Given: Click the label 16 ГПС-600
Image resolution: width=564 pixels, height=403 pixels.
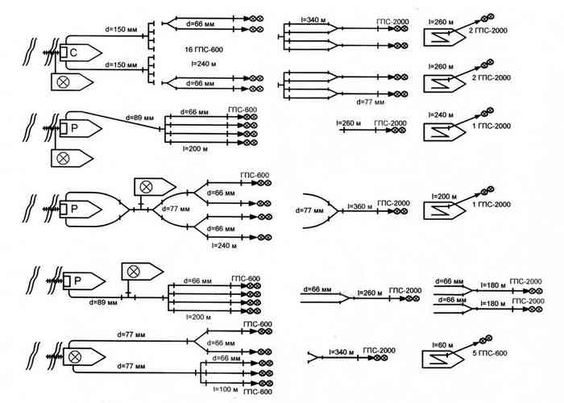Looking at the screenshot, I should pos(205,50).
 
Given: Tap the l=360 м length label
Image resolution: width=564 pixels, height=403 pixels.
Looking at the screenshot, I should pos(358,207).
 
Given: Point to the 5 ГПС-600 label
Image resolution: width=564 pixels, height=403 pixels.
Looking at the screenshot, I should pos(489,353).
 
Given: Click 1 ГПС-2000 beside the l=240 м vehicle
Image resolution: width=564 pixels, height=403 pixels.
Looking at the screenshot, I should pos(491,127).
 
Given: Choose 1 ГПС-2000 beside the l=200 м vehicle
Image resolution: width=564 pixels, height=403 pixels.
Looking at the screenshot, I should pos(491,205).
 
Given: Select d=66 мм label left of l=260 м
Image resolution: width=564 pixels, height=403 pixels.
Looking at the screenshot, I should pos(316,289).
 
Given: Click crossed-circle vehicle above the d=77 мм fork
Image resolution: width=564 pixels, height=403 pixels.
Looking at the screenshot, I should pos(147,186).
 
